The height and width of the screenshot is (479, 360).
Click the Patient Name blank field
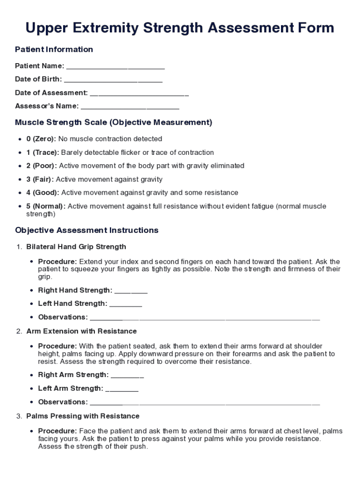(115, 66)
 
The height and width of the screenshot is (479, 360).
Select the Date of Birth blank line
(113, 80)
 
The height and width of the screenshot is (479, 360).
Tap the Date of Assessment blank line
(139, 94)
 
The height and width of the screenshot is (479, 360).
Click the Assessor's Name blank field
(130, 107)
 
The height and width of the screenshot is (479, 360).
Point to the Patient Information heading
(54, 50)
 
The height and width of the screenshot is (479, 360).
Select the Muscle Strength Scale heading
(114, 123)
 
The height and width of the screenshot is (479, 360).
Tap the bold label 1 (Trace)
(43, 152)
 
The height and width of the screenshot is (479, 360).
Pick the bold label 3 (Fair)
(40, 179)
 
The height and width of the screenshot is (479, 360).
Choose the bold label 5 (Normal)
(46, 206)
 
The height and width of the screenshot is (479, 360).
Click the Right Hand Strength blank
(131, 291)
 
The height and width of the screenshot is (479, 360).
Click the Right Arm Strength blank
(127, 376)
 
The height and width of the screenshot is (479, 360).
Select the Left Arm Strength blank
(122, 389)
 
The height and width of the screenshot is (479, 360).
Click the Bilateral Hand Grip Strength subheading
(76, 247)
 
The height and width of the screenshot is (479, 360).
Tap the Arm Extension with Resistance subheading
(81, 331)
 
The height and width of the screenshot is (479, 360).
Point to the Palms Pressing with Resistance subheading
(83, 416)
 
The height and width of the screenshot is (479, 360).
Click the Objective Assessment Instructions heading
(86, 230)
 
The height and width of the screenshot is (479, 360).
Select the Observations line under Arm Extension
(204, 403)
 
